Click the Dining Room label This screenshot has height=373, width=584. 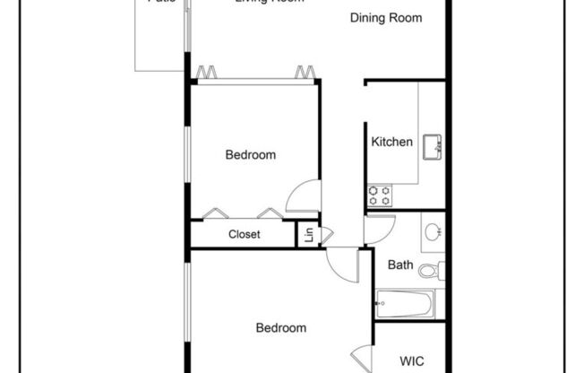click(x=386, y=18)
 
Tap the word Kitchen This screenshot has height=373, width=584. click(x=392, y=142)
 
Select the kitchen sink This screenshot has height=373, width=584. click(x=434, y=145)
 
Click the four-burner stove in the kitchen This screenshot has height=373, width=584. click(x=379, y=193)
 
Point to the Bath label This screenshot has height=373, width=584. click(x=399, y=265)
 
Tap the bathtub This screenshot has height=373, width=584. click(x=405, y=304)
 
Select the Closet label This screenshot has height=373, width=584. click(x=244, y=235)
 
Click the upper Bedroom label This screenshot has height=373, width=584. click(x=250, y=155)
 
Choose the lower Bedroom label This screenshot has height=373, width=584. click(x=281, y=328)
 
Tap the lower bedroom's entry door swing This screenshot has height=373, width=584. click(x=342, y=262)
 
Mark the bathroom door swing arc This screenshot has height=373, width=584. click(x=377, y=228)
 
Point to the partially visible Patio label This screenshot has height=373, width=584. click(x=161, y=3)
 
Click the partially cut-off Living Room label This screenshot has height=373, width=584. click(x=269, y=3)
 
